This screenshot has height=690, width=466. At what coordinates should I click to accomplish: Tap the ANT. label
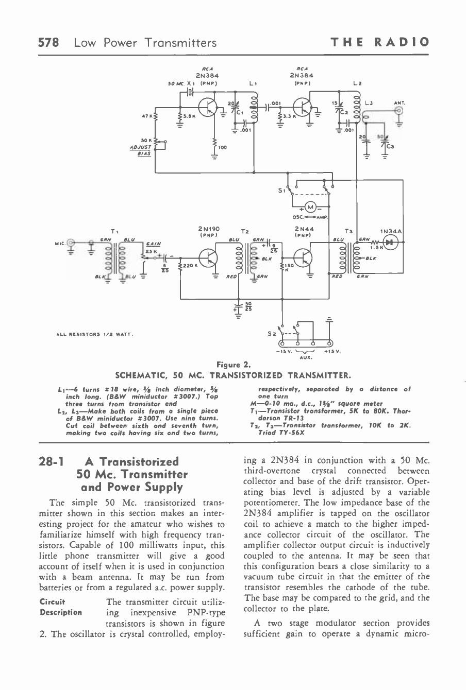(x=398, y=102)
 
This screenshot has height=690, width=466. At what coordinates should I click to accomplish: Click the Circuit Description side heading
(x=60, y=606)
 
